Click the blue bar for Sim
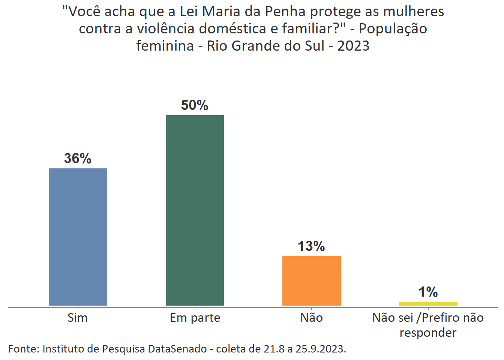click(78, 237)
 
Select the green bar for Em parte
click(195, 210)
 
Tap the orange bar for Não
click(311, 280)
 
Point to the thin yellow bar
click(428, 303)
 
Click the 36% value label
click(78, 158)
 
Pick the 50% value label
click(195, 105)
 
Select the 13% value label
click(311, 246)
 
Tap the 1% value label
click(428, 292)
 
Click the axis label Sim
click(78, 318)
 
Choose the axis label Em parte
click(195, 318)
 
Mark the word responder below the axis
click(428, 333)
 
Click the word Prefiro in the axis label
click(443, 318)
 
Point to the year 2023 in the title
click(353, 46)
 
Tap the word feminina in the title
click(165, 46)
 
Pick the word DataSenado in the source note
click(177, 349)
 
